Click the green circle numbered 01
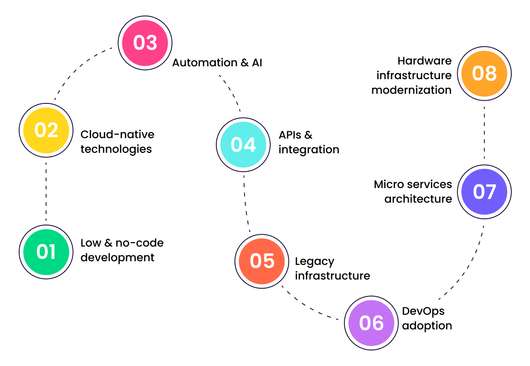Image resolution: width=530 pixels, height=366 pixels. point(46,252)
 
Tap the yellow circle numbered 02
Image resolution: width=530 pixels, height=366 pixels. point(46,130)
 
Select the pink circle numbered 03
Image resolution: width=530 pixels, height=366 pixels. point(145,43)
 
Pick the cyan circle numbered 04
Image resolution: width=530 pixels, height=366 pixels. point(243,145)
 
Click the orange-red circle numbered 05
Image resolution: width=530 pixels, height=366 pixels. point(262,261)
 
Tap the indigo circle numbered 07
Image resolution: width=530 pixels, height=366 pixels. point(484,191)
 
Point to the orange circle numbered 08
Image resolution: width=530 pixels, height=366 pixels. point(484,73)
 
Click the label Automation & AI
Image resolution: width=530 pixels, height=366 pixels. point(217,63)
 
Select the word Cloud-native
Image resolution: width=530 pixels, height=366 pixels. point(118,135)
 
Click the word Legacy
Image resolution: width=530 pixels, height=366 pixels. point(315,261)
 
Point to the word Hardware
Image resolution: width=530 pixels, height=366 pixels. point(424,61)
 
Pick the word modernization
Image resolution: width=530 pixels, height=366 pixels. point(411,90)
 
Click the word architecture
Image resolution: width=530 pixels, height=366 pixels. point(418,199)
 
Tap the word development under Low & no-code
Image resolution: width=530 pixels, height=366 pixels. point(118,258)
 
